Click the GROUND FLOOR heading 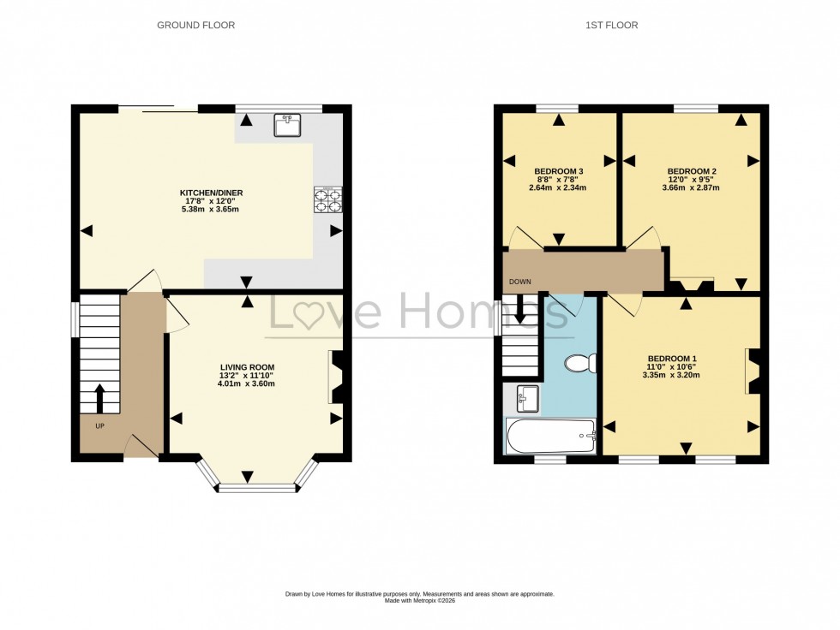pos(195,26)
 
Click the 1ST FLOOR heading pos(611,26)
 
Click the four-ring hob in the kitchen pos(327,199)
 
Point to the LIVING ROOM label pos(247,367)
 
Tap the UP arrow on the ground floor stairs pos(99,397)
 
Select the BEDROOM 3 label pos(558,169)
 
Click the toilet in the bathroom pos(579,365)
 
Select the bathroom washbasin pos(527,397)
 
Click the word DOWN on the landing pos(519,282)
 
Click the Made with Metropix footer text pos(419,601)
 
